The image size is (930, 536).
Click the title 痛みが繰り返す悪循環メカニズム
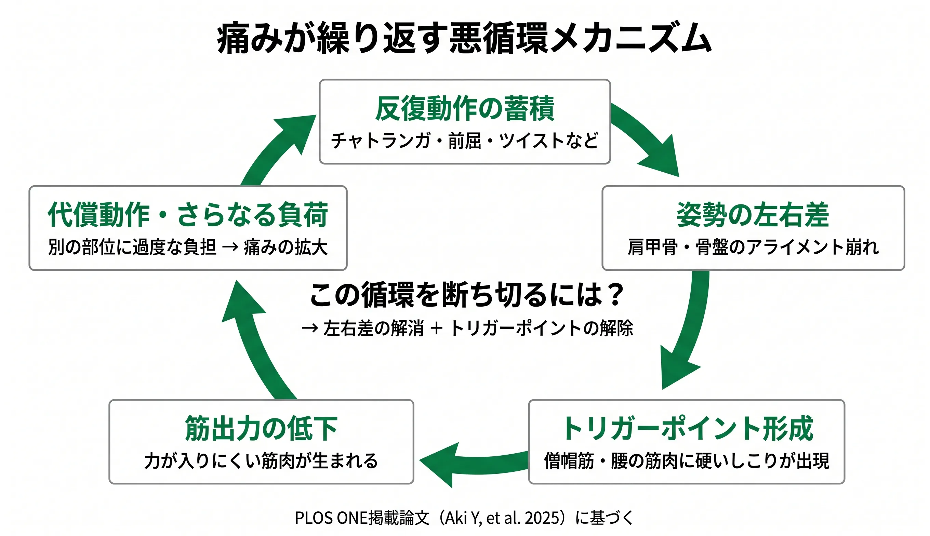464,38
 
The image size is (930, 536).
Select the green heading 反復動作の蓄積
465,108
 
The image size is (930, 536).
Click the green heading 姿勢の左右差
753,215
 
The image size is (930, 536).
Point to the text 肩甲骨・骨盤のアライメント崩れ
753,247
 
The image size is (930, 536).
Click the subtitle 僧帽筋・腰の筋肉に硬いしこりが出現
687,461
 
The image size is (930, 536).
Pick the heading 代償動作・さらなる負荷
188,215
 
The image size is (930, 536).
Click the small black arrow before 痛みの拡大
230,247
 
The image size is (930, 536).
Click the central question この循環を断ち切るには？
466,295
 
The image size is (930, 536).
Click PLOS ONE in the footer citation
331,518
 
